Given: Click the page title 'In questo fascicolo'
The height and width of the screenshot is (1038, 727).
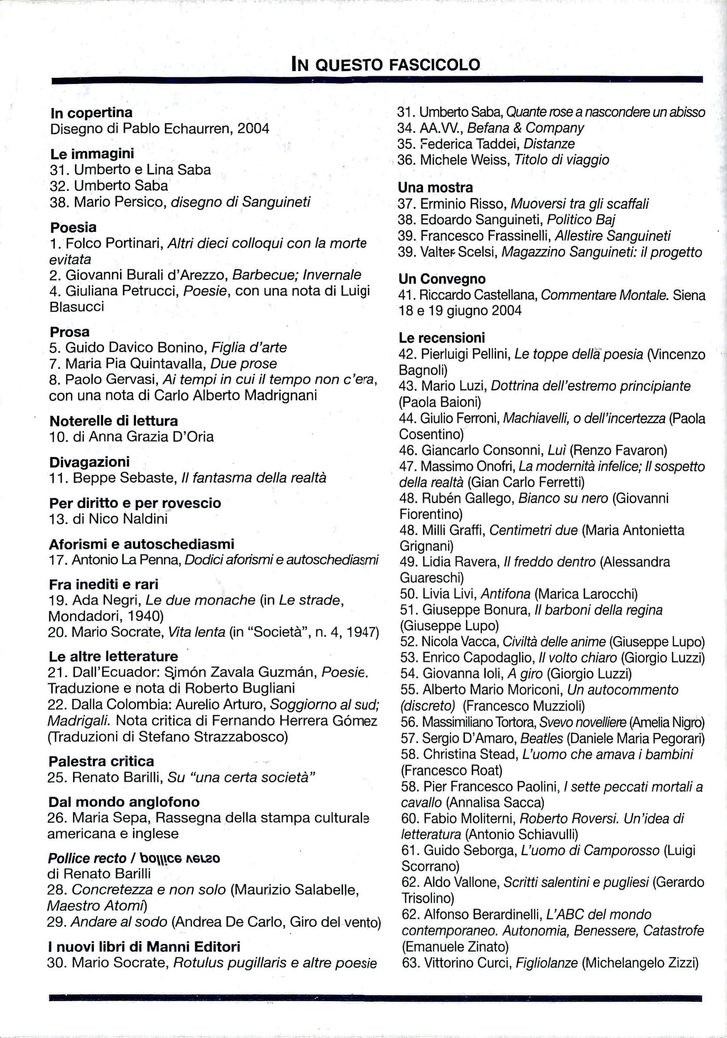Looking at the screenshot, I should click(x=385, y=65).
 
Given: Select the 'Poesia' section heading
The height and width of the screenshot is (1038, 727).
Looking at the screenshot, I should click(x=73, y=227).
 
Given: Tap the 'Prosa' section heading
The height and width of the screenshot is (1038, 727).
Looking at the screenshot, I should click(x=69, y=332).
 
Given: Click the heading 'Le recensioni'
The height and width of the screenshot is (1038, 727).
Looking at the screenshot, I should click(x=441, y=338).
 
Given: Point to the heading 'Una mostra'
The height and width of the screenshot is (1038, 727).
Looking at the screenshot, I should click(x=436, y=187).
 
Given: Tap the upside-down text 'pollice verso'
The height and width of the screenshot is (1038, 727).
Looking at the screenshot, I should click(x=180, y=858).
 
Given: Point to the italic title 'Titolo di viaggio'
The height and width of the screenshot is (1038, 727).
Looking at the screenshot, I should click(x=562, y=160).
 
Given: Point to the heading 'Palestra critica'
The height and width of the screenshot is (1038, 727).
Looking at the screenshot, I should click(x=101, y=761).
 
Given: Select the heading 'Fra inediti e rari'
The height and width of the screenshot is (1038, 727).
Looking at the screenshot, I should click(x=104, y=584).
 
